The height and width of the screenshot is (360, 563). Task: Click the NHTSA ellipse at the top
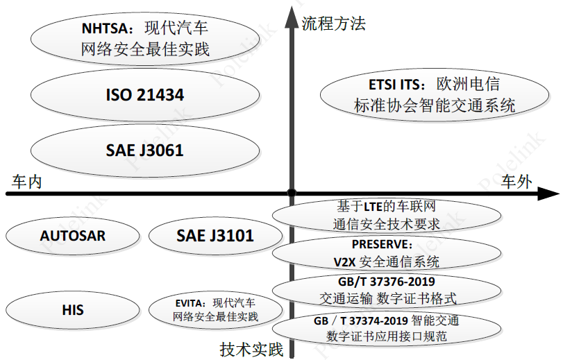pos(144,39)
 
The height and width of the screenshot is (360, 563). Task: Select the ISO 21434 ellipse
pos(144,95)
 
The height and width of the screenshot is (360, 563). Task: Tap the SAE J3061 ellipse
pos(144,149)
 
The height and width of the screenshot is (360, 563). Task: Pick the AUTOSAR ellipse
pos(73,236)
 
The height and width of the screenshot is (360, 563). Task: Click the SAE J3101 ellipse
pos(215,236)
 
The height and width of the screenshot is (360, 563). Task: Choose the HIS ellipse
pos(73,309)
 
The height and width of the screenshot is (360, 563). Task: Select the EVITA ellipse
pos(215,309)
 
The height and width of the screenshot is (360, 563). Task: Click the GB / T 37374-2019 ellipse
pos(387,329)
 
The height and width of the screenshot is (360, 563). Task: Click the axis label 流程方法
pos(333,24)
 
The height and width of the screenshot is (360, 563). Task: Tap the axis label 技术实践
pos(251,349)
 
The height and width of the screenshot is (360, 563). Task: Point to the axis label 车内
pos(28,182)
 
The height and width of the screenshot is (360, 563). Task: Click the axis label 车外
pos(517,182)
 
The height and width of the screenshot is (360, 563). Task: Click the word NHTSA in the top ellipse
pos(103,28)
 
